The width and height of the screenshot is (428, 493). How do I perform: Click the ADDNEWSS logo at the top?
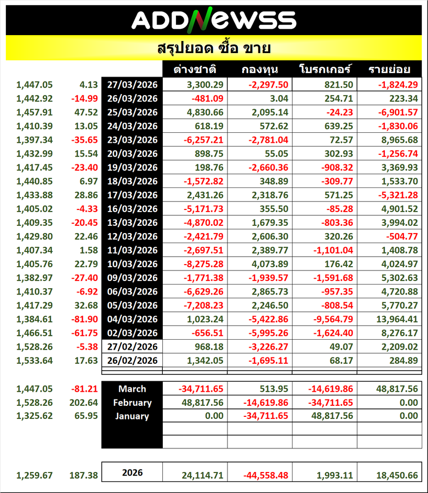[x=213, y=20]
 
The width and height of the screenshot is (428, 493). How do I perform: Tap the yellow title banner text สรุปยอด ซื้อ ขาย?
[x=214, y=49]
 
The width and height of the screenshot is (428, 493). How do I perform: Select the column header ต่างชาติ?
[x=195, y=70]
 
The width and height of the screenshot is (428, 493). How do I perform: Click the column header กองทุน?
[x=260, y=70]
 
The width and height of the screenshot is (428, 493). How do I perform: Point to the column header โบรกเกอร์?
[x=325, y=70]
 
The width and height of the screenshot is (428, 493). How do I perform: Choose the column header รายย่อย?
[x=389, y=70]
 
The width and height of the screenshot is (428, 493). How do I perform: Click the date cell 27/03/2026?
[x=132, y=84]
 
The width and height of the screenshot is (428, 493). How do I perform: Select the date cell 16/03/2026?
[x=132, y=208]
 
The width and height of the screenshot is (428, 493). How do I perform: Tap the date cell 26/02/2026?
[x=132, y=360]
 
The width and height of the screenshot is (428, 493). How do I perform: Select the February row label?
[x=132, y=403]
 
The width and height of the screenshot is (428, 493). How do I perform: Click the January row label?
[x=132, y=416]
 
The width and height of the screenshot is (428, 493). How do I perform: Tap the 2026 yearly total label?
[x=132, y=473]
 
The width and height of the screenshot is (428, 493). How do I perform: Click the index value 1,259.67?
[x=35, y=476]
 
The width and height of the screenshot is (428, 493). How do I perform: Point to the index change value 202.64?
[x=84, y=403]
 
